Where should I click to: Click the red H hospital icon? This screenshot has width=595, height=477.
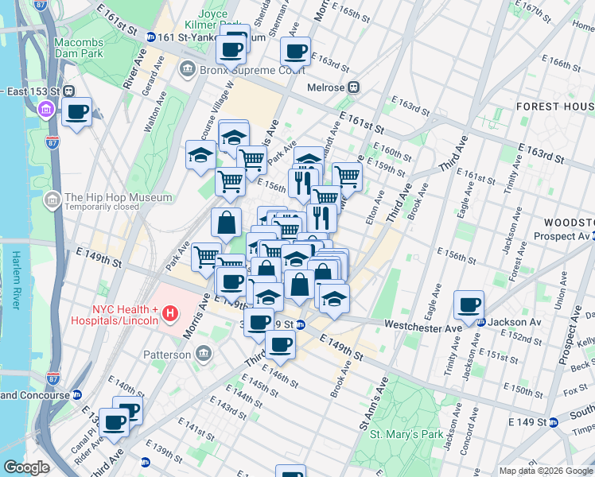tap(168, 315)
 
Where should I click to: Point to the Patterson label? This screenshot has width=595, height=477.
tap(165, 354)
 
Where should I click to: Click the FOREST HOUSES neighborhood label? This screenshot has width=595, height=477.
tap(555, 106)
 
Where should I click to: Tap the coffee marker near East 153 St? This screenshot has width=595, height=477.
tap(77, 113)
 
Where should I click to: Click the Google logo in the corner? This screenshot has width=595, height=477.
tap(26, 467)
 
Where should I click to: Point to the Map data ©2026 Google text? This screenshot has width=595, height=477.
tap(546, 471)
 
